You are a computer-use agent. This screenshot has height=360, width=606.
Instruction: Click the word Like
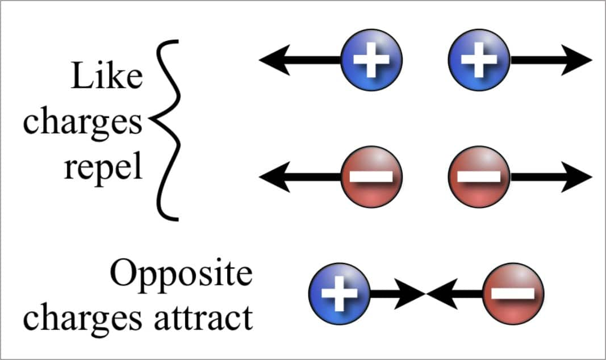(x=106, y=78)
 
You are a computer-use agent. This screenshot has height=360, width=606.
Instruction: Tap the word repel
(x=103, y=169)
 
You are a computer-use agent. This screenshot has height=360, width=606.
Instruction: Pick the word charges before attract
(x=82, y=318)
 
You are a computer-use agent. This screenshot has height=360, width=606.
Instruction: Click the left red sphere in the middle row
(x=371, y=176)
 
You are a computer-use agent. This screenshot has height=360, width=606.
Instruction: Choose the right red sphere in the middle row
(x=479, y=176)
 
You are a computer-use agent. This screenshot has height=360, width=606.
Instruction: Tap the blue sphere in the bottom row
(x=339, y=293)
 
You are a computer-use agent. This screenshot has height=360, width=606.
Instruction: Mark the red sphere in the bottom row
(x=513, y=293)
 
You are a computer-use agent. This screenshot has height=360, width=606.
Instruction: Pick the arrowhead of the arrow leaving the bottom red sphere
(x=438, y=293)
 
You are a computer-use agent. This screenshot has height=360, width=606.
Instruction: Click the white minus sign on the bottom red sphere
(x=513, y=293)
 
